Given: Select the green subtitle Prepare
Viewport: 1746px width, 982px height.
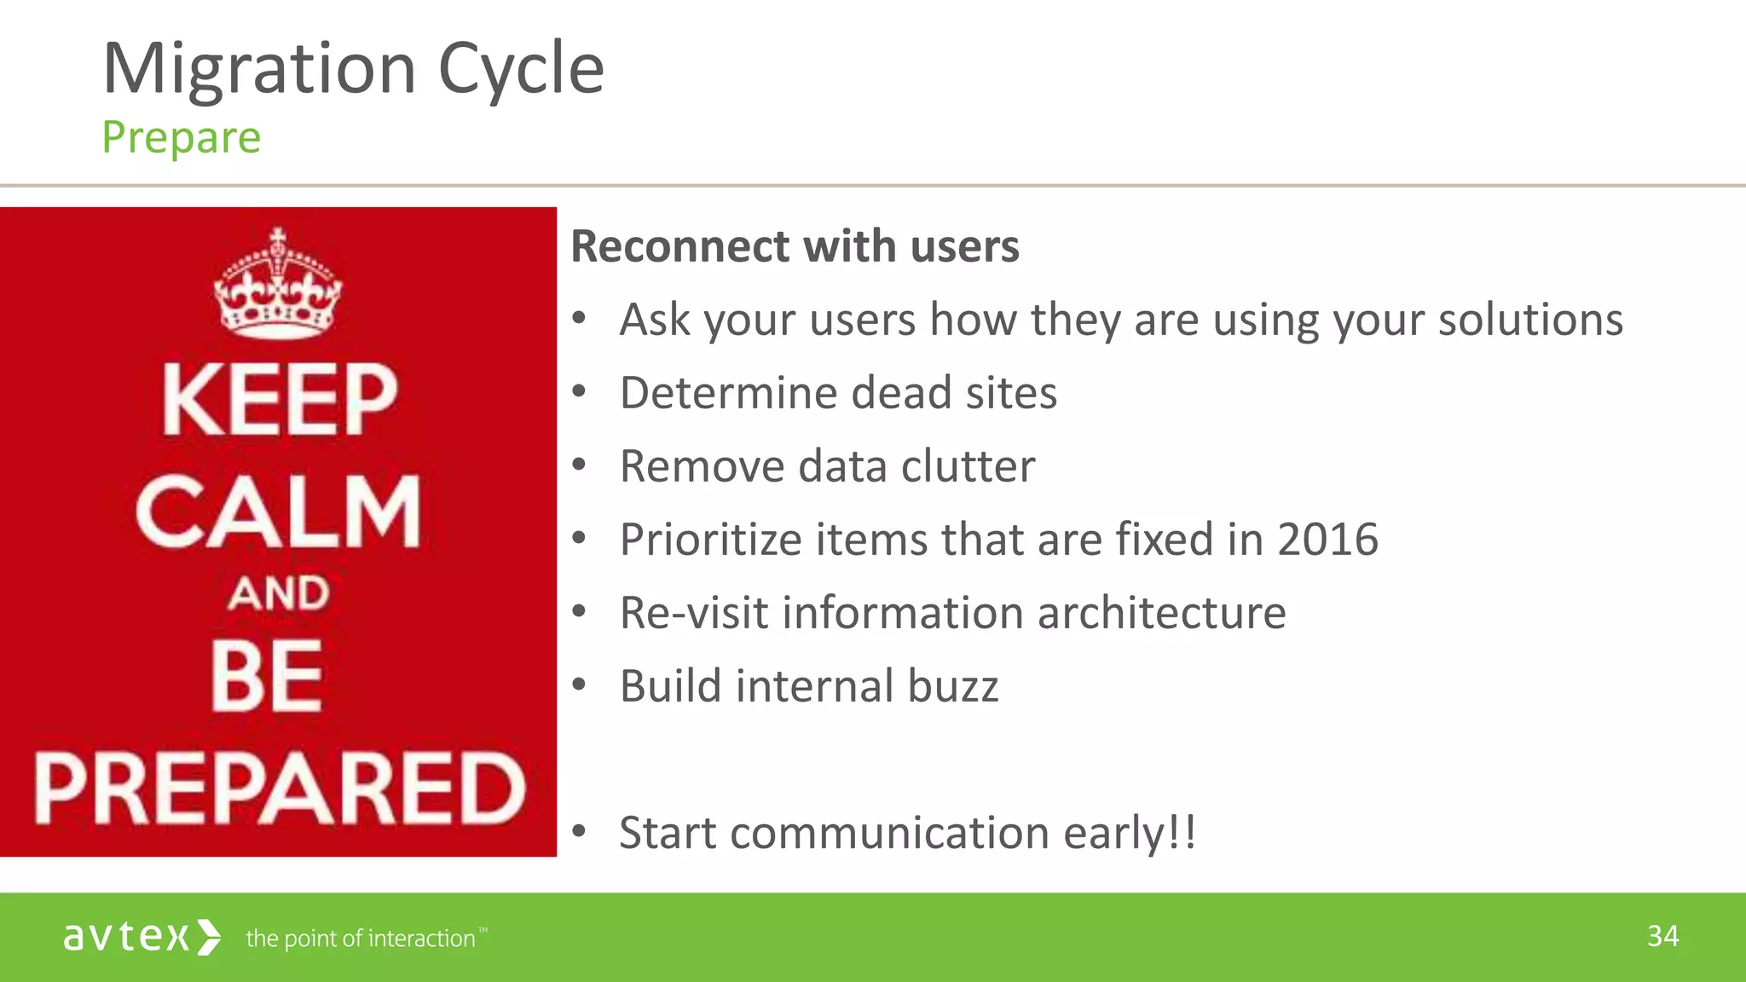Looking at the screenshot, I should tap(181, 138).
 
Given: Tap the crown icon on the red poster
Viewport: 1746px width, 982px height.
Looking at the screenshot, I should tap(278, 286).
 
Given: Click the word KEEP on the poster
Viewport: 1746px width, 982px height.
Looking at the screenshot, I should tap(280, 400).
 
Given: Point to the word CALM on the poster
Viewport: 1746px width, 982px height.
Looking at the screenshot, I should tap(278, 511).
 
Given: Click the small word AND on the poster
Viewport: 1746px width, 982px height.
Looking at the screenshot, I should tap(278, 593).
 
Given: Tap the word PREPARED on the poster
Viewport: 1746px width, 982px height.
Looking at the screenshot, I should tap(280, 788).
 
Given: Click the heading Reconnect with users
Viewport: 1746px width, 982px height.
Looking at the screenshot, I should tap(794, 247).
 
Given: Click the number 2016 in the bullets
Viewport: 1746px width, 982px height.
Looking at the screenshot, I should tap(1327, 540).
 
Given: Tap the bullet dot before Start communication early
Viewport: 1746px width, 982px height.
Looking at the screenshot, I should tap(580, 830).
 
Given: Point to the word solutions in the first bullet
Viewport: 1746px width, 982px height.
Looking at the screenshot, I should tap(1529, 321).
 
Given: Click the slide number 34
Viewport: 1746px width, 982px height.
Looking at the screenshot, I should tap(1662, 936).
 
